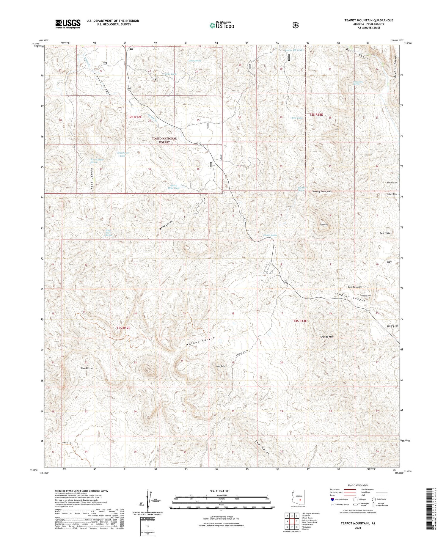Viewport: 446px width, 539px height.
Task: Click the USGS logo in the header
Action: [68, 24]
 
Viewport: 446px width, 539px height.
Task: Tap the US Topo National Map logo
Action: [222, 25]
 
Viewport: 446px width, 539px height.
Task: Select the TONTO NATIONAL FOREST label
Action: [164, 140]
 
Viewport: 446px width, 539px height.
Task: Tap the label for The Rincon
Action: [87, 368]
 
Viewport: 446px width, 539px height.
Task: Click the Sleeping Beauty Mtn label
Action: [322, 191]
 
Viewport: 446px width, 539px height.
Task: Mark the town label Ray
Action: [389, 262]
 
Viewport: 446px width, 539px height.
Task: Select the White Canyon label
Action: [166, 226]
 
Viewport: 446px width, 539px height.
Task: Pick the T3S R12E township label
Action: [123, 328]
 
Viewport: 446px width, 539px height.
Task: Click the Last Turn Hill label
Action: [355, 287]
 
